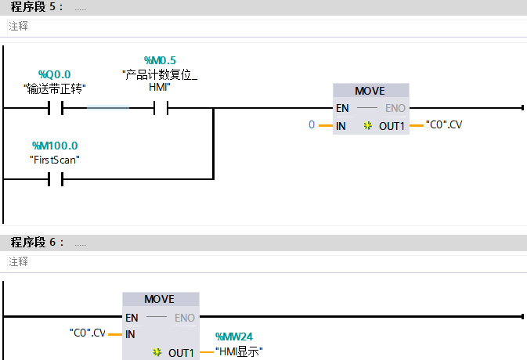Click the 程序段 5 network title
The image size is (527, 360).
click(x=36, y=8)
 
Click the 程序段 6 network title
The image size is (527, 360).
click(x=36, y=243)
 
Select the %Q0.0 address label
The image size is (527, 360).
click(x=54, y=74)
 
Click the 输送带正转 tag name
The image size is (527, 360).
click(x=54, y=88)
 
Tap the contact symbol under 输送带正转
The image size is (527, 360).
click(x=55, y=107)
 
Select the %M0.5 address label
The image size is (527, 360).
click(x=160, y=60)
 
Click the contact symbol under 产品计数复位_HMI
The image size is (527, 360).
click(x=161, y=107)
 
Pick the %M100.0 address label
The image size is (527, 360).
click(x=55, y=146)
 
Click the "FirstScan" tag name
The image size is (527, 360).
click(x=55, y=159)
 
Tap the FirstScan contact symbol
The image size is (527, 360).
click(x=55, y=179)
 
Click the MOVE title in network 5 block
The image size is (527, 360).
click(x=370, y=91)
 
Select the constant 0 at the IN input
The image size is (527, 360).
click(x=312, y=124)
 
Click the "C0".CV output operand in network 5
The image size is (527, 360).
click(x=444, y=124)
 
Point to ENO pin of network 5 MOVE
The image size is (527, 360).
click(x=395, y=108)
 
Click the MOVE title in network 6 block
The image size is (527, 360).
click(x=160, y=300)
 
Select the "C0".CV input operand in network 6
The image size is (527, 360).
click(x=87, y=333)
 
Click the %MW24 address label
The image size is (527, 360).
click(x=234, y=337)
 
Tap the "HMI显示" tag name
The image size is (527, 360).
click(x=239, y=352)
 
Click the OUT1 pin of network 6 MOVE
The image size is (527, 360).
click(x=181, y=353)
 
